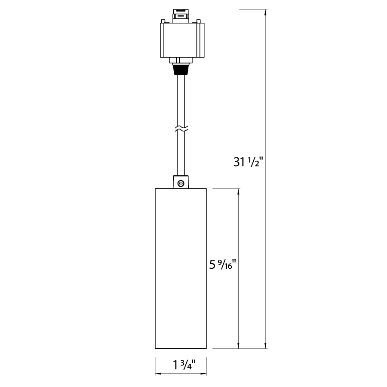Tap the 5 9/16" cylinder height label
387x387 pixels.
click(223, 265)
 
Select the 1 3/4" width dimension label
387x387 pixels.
click(184, 365)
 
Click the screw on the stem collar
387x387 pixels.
click(181, 183)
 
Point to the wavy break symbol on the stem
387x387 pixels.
click(181, 128)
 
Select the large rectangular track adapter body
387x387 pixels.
click(182, 40)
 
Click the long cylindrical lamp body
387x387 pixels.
click(181, 268)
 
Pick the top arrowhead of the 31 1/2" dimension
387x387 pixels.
click(266, 13)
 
